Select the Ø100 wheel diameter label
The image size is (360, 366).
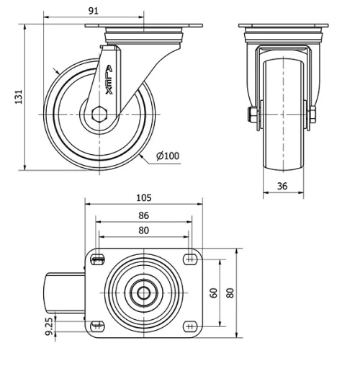pyautogui.click(x=168, y=156)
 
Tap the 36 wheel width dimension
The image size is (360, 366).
pyautogui.click(x=283, y=186)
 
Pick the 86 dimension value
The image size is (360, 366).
pyautogui.click(x=143, y=215)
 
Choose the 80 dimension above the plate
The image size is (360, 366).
pyautogui.click(x=143, y=231)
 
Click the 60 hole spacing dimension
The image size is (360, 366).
pyautogui.click(x=213, y=293)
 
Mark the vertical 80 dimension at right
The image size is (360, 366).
pyautogui.click(x=230, y=293)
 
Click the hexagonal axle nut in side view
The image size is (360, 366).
pyautogui.click(x=100, y=113)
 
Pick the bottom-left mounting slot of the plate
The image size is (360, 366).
pyautogui.click(x=98, y=325)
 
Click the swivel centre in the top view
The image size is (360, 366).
pyautogui.click(x=143, y=293)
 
